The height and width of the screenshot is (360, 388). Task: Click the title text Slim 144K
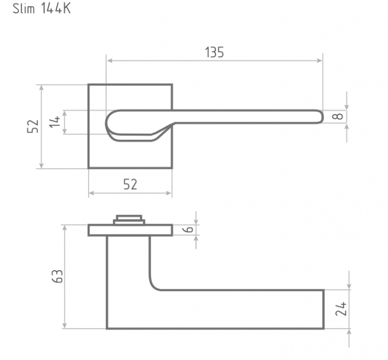[x=42, y=9]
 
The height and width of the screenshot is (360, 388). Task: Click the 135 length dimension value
[x=215, y=52]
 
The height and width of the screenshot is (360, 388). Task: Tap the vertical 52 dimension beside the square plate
[x=33, y=126]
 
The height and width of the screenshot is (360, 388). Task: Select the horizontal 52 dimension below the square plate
[x=130, y=184]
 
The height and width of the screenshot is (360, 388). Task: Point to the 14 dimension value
[x=55, y=121]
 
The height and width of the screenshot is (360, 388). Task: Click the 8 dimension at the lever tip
[x=337, y=116]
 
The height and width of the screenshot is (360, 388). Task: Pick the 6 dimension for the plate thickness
[x=189, y=230]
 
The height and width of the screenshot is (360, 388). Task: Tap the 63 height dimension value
[x=58, y=276]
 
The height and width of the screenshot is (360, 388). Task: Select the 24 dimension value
[x=341, y=309]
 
